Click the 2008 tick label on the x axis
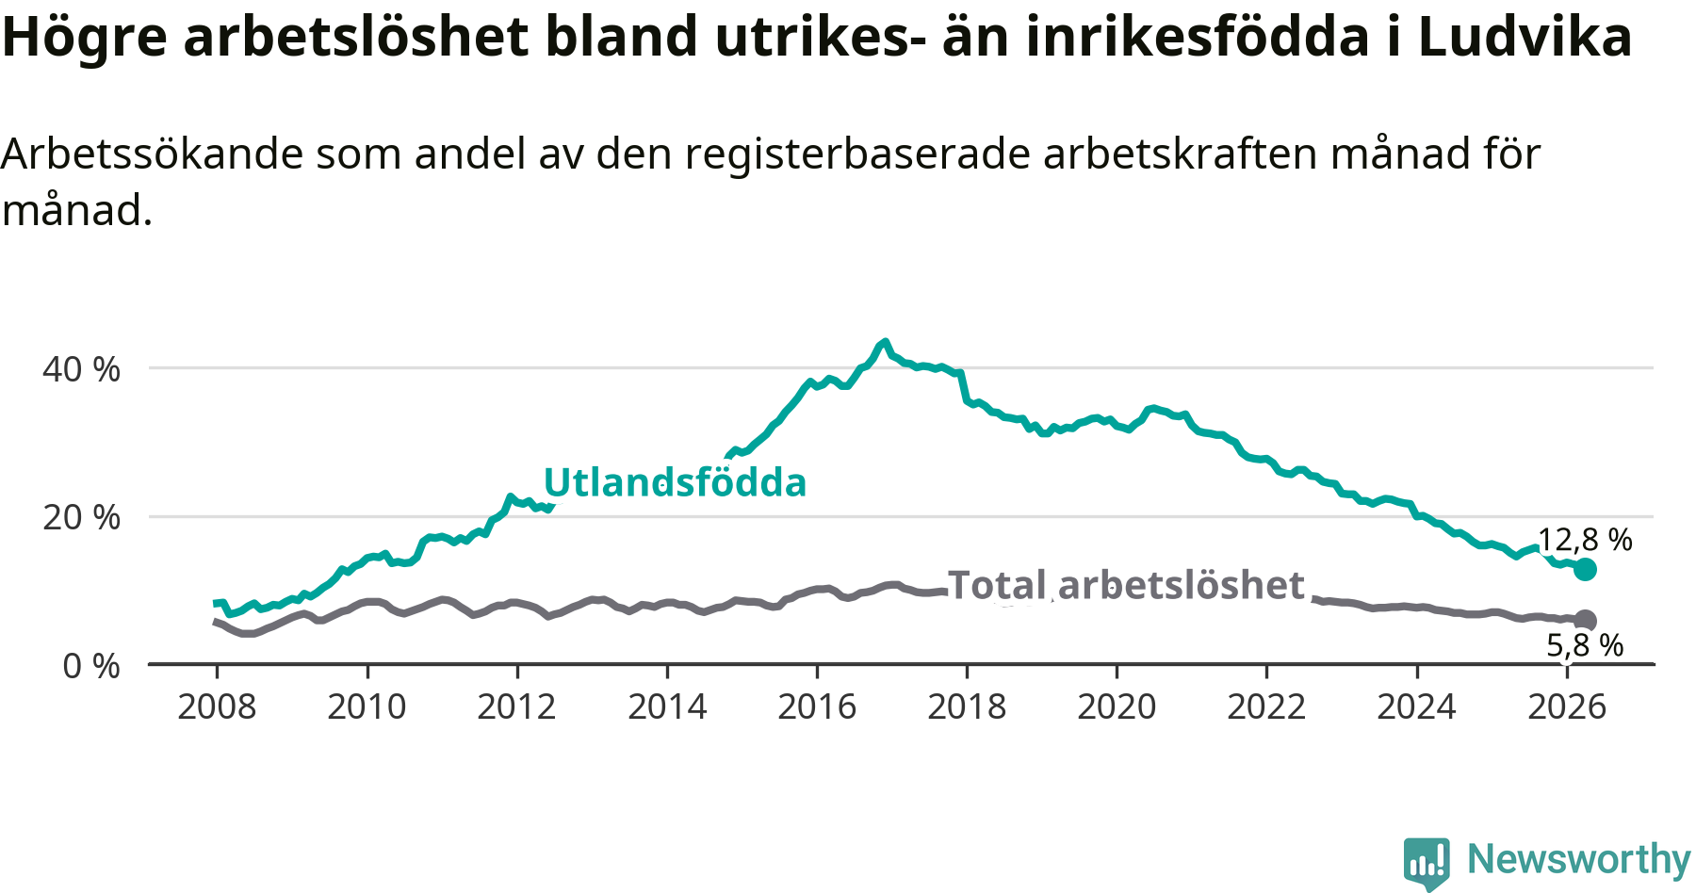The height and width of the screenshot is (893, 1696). click(217, 706)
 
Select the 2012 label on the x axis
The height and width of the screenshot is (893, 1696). click(516, 706)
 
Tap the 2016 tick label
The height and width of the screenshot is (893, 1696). click(817, 706)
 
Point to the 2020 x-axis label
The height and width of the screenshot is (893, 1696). click(1117, 706)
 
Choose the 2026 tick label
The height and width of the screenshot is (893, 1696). click(1567, 706)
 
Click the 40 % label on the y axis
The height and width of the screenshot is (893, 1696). click(81, 369)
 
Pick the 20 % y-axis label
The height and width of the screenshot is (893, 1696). click(81, 517)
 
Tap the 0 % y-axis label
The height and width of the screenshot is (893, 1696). click(91, 666)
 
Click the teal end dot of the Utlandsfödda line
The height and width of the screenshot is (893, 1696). click(1585, 569)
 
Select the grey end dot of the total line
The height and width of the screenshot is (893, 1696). click(1585, 620)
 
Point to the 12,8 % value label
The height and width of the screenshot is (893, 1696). click(1585, 540)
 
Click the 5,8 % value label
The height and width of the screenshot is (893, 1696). click(1586, 645)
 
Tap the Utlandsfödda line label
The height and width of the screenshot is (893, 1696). click(676, 482)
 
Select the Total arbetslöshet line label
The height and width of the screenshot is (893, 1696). click(1126, 585)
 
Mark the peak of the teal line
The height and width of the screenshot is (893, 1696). click(884, 342)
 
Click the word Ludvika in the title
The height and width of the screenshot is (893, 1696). click(1525, 38)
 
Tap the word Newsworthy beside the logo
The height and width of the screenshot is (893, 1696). click(1579, 860)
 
